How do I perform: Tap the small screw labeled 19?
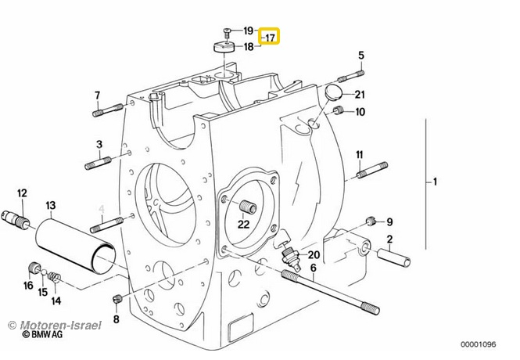click(227, 33)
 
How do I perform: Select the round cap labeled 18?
click(223, 47)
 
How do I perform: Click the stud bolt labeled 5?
click(351, 77)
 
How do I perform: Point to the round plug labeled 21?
click(333, 92)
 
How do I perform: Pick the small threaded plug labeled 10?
click(339, 110)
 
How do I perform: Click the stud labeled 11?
click(372, 170)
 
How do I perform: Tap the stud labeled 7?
click(108, 110)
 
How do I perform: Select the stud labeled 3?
click(99, 164)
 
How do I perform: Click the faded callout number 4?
click(102, 209)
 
